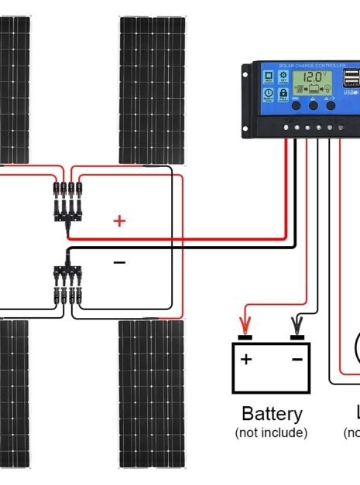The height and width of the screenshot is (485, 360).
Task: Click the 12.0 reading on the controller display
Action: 313,78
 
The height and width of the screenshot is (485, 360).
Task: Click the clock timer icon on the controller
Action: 269,97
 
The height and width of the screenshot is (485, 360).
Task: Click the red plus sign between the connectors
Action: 119,221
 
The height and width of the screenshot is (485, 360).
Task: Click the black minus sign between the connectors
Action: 119,263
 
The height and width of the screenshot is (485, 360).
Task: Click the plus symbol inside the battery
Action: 246,359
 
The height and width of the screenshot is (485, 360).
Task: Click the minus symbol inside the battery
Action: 297,359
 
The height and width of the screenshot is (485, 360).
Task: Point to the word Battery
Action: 271,413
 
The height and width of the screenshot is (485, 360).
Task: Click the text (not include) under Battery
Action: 271,432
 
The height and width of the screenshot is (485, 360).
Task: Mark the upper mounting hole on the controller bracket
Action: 247,70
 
